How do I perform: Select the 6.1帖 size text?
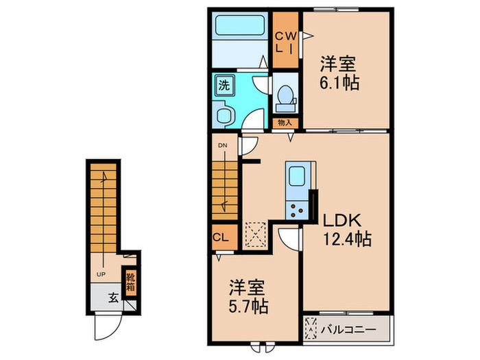click(x=339, y=83)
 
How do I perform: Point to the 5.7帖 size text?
click(x=248, y=304)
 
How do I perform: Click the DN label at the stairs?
click(x=224, y=145)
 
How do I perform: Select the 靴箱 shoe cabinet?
click(x=130, y=282)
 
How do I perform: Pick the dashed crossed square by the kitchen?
click(x=256, y=233)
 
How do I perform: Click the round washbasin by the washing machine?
click(x=222, y=115)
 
